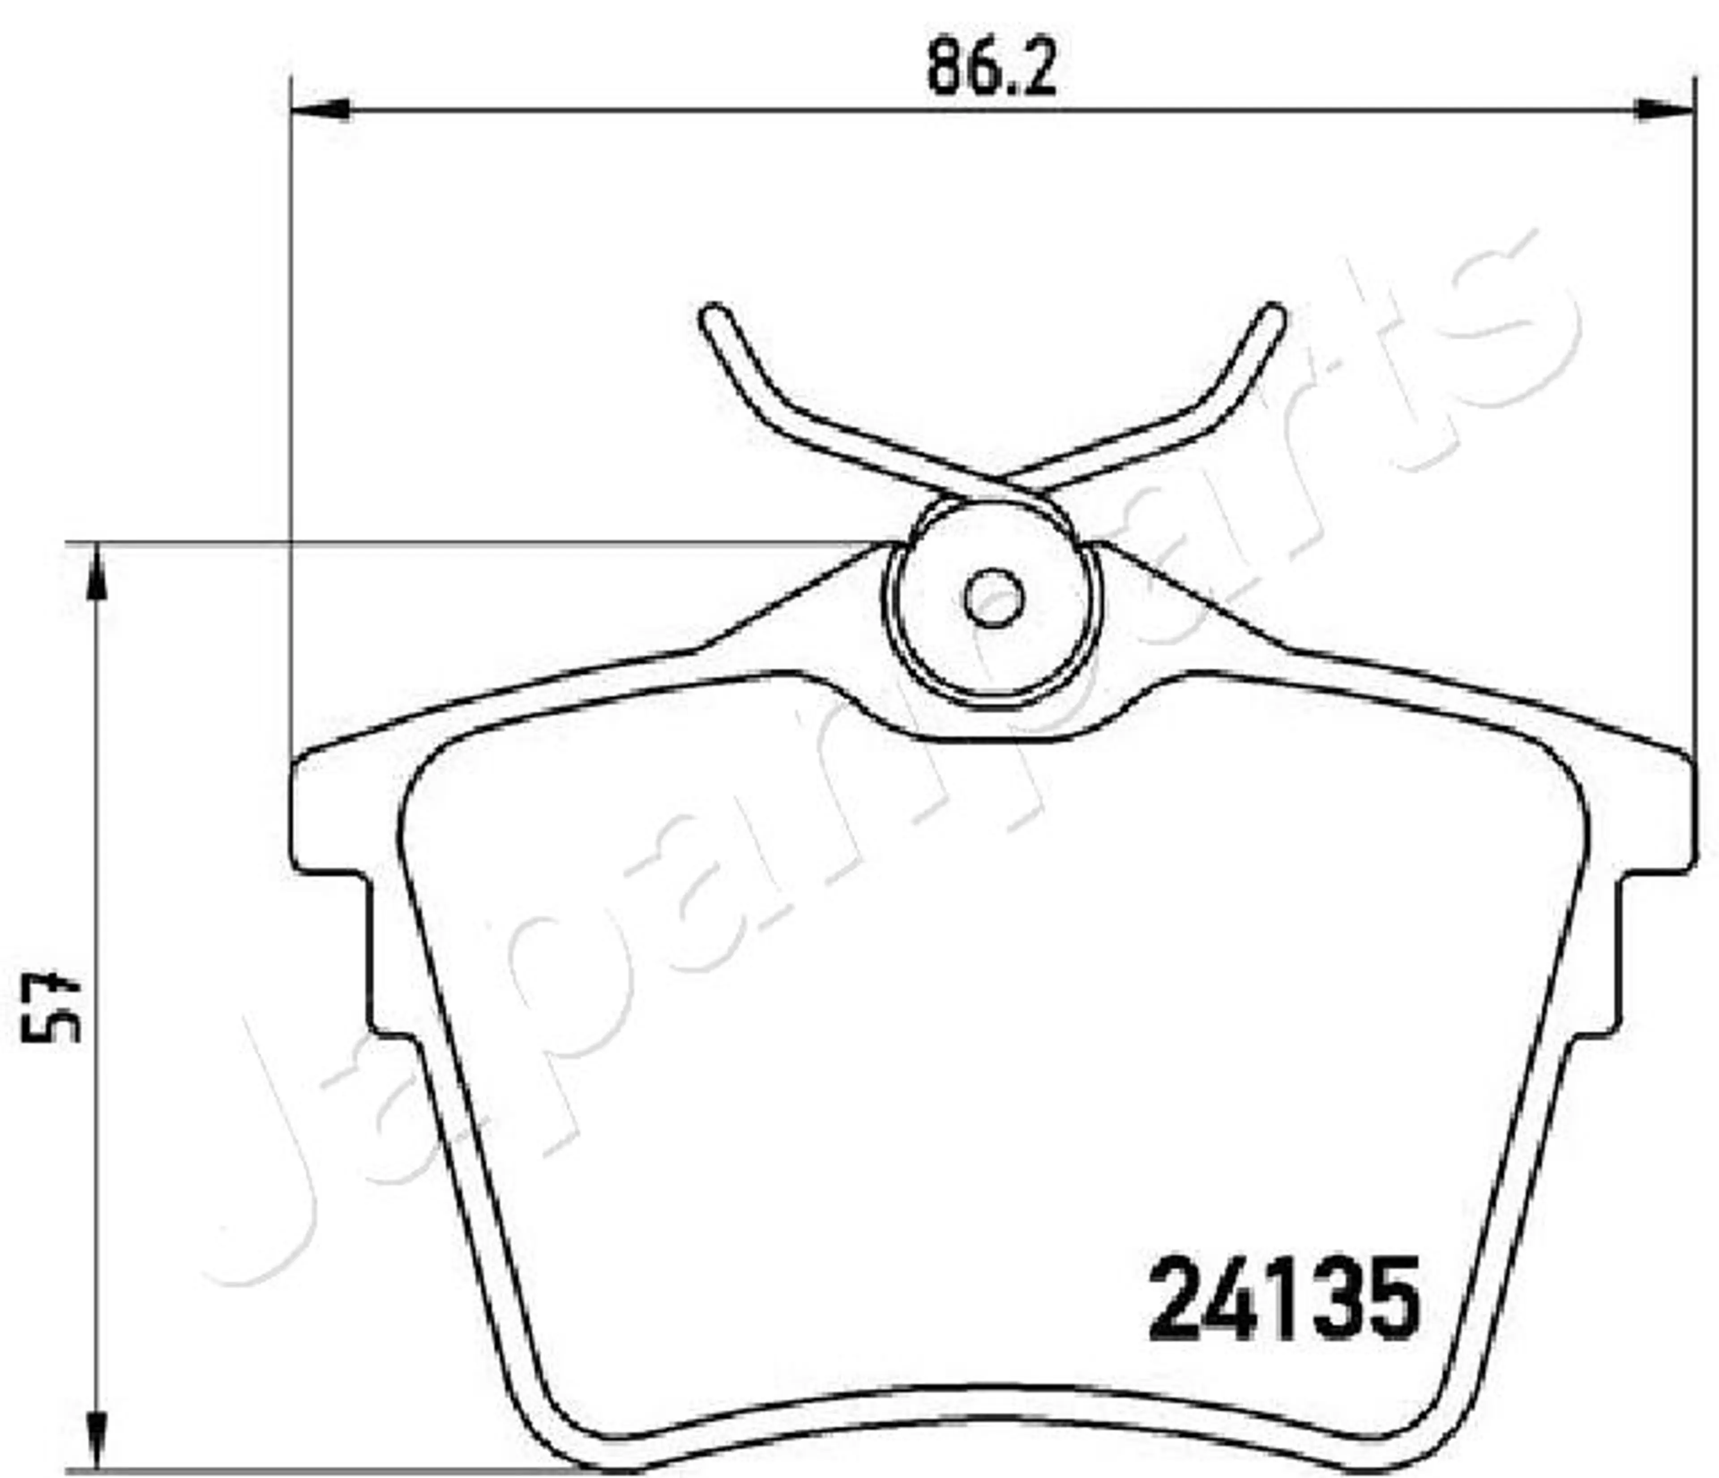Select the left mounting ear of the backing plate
pos(328,809)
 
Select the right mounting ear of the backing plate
pos(1655,809)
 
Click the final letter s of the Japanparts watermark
pos(1493,332)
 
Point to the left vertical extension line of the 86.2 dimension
pos(292,415)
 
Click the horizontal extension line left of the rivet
pos(498,544)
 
